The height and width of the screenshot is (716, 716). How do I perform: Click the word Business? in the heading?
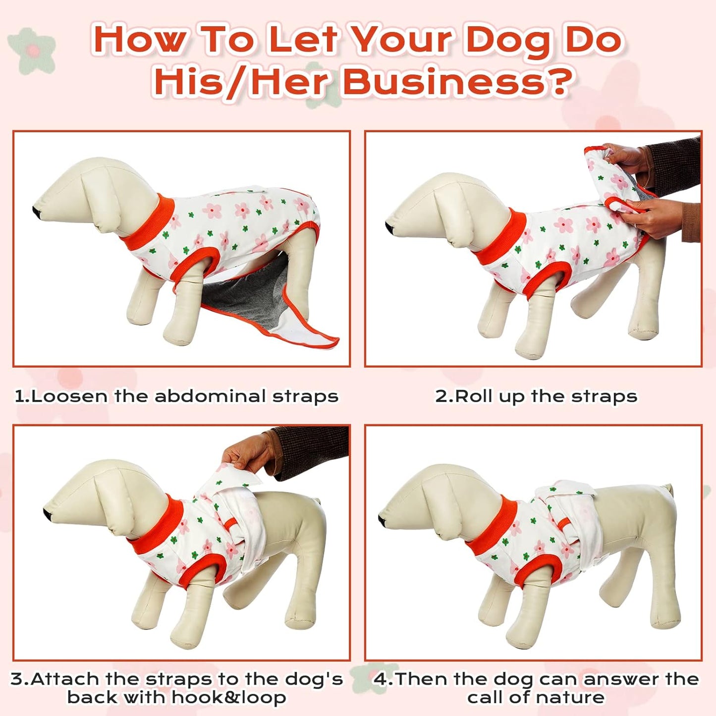click(457, 82)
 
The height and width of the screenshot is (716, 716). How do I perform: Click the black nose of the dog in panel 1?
click(36, 212)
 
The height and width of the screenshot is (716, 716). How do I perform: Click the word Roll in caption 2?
click(474, 396)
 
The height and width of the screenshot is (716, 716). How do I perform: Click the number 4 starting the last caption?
click(380, 679)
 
